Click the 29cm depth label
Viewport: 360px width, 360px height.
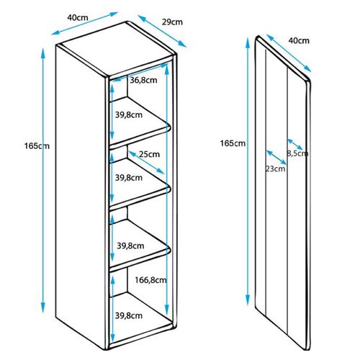172,22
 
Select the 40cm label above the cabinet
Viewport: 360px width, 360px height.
78,17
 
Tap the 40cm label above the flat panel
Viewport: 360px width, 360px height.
299,40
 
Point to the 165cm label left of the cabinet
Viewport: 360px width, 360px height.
37,146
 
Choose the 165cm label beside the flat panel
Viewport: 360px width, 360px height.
233,143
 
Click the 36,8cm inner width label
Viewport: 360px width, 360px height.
143,80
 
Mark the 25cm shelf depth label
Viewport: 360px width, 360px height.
149,154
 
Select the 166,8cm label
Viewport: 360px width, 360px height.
150,280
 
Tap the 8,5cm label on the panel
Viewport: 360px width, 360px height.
297,153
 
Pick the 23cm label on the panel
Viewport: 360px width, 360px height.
276,168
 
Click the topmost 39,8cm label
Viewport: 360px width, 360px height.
129,115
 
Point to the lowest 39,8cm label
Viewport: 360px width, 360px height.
129,315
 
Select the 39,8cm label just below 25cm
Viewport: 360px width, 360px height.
129,178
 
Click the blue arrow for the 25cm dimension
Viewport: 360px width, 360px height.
146,163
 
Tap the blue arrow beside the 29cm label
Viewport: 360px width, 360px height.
162,31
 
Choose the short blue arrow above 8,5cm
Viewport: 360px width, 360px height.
294,145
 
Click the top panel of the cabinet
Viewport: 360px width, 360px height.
116,49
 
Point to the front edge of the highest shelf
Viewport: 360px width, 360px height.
140,138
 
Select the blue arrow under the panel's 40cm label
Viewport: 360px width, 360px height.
289,53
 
